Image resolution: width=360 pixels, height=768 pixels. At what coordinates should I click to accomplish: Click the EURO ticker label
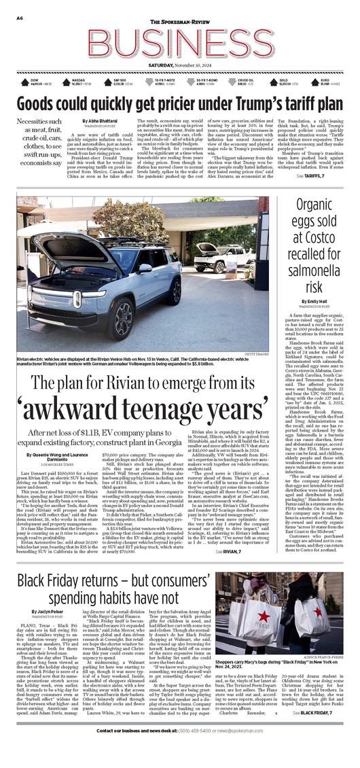(325, 80)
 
